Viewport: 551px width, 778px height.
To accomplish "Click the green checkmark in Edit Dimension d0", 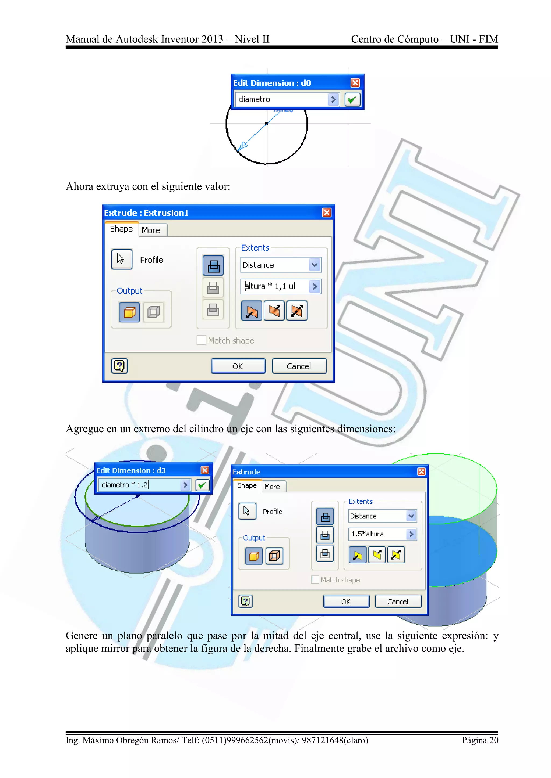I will click(352, 100).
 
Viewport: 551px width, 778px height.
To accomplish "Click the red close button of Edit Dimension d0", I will click(355, 83).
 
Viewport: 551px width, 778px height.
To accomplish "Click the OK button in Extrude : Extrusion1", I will click(238, 366).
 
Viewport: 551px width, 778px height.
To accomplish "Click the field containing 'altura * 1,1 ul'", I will click(275, 286).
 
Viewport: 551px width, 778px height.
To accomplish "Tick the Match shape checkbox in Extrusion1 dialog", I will click(201, 340).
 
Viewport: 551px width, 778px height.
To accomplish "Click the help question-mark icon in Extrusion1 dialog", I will click(119, 366).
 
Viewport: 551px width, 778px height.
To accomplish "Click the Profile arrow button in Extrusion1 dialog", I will click(121, 260).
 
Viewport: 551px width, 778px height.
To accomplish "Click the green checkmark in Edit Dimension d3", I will click(202, 485).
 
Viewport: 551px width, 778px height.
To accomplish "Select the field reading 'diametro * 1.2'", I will click(139, 485).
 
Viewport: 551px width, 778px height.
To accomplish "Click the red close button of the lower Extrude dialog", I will click(421, 472).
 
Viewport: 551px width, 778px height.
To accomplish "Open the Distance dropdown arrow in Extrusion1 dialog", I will click(315, 265).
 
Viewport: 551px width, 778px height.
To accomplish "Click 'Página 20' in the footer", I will click(480, 740).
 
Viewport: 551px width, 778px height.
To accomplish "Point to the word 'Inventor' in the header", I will click(179, 39).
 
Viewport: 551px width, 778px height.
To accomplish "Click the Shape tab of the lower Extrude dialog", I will click(247, 485).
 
